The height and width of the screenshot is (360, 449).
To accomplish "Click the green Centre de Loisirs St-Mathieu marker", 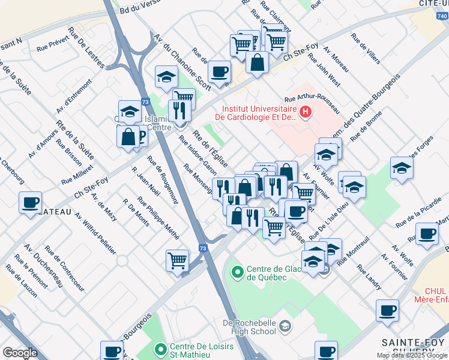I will click(x=161, y=349).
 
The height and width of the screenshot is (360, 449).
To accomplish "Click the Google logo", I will click(x=20, y=353).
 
